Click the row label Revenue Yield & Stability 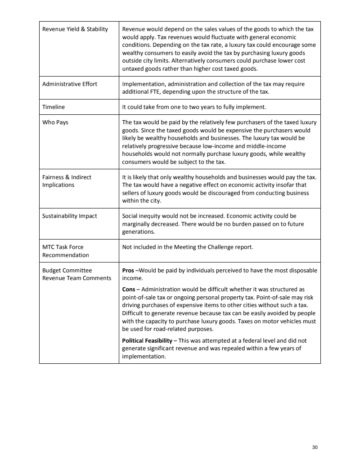pyautogui.click(x=75, y=29)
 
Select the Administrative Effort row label pyautogui.click(x=70, y=84)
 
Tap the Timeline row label pyautogui.click(x=54, y=107)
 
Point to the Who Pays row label pyautogui.click(x=55, y=122)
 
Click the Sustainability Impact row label pyautogui.click(x=70, y=216)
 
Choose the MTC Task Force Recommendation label pyautogui.click(x=66, y=251)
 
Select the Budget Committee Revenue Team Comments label pyautogui.click(x=76, y=274)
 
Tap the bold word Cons pyautogui.click(x=129, y=289)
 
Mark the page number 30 pyautogui.click(x=315, y=447)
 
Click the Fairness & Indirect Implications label pyautogui.click(x=67, y=181)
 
